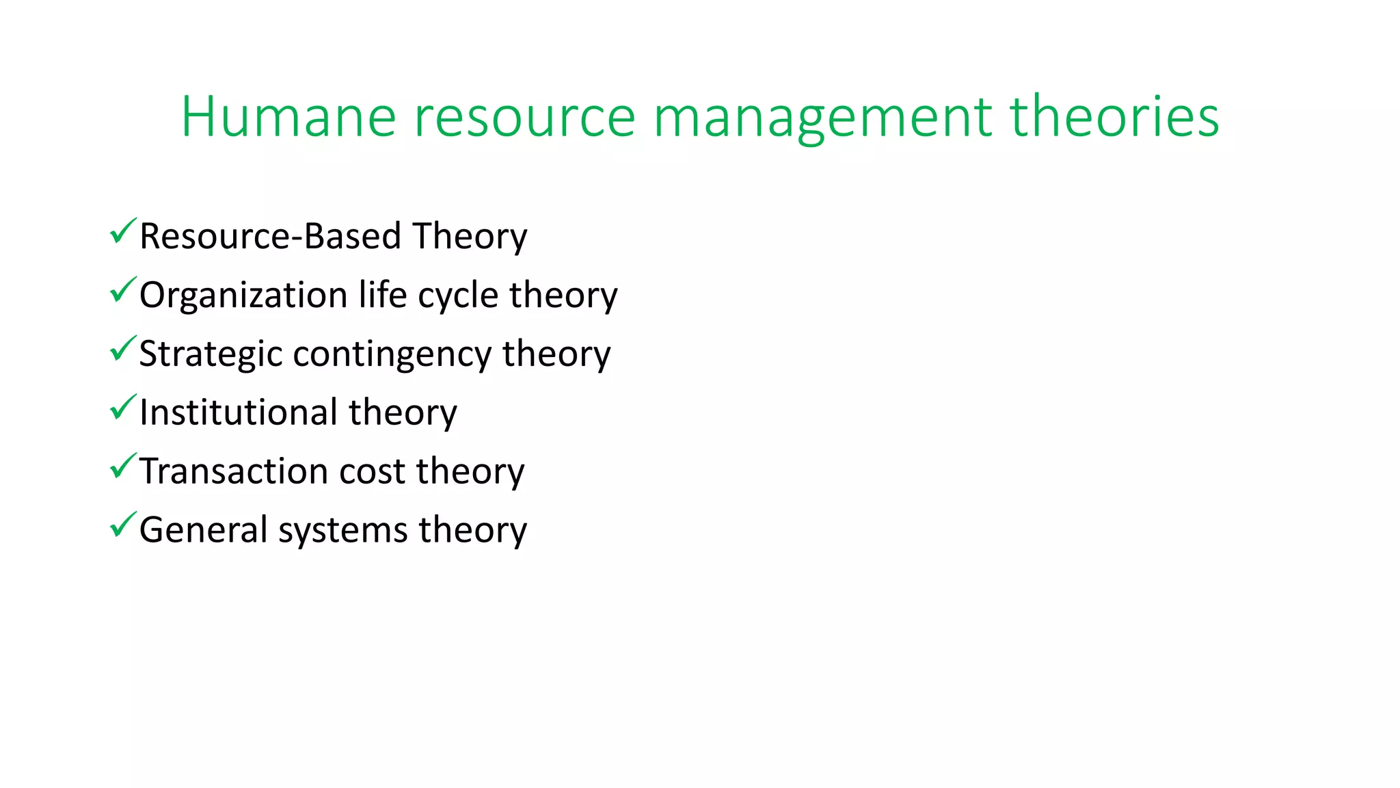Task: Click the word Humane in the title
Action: [x=288, y=117]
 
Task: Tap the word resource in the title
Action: [x=525, y=117]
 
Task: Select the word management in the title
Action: [x=822, y=117]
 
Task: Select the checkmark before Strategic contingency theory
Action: [x=122, y=350]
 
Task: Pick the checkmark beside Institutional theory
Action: [x=122, y=408]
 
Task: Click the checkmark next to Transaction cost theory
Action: [x=122, y=467]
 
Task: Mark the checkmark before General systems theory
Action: [x=122, y=526]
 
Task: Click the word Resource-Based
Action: [x=270, y=237]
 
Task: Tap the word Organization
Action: [x=243, y=295]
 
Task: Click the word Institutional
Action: [x=239, y=413]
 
